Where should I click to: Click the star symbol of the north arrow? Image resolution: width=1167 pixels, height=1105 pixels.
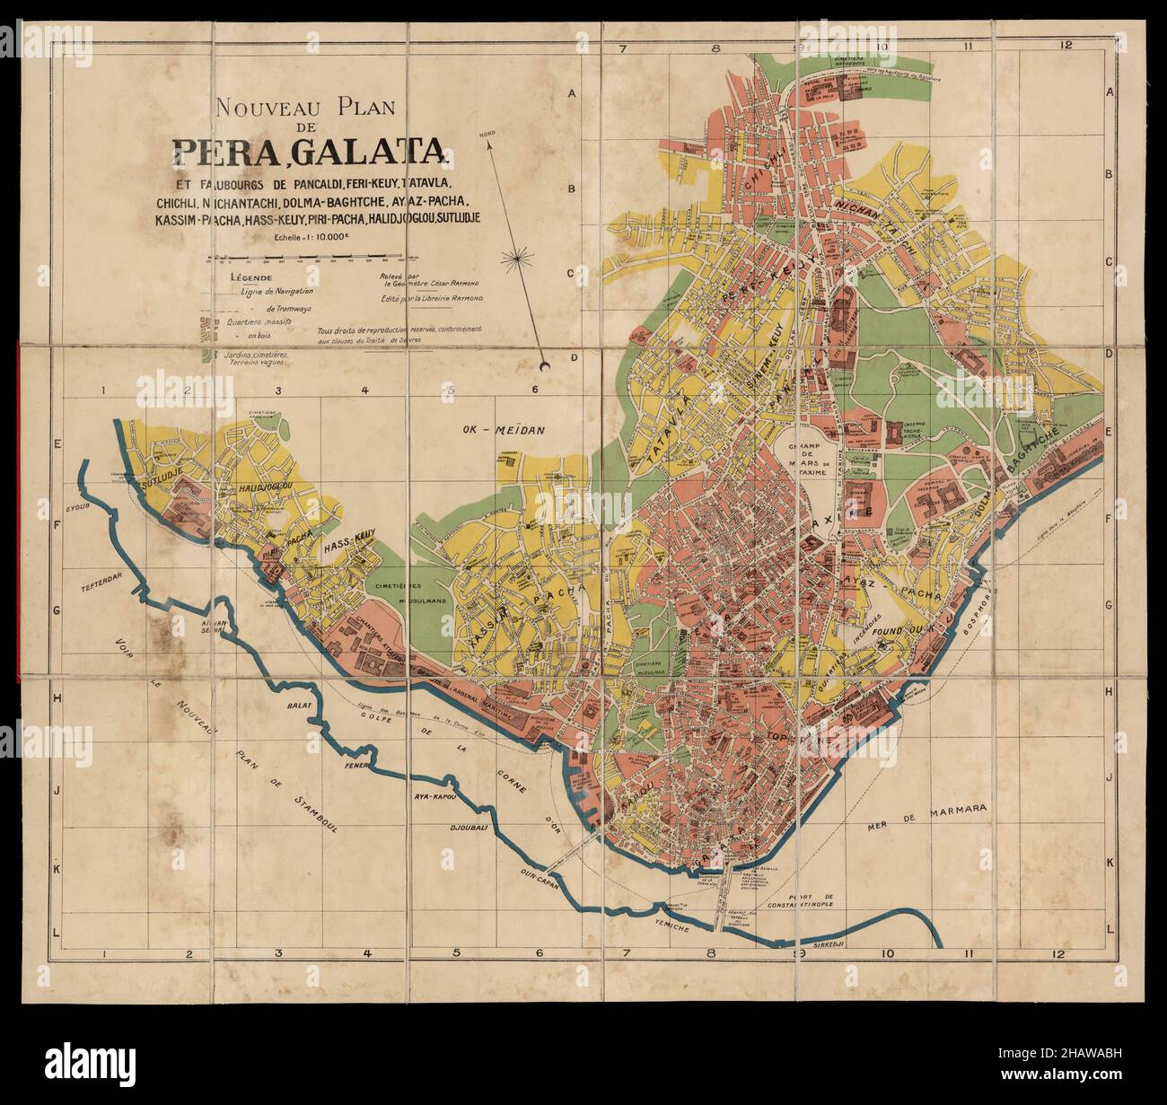click(516, 260)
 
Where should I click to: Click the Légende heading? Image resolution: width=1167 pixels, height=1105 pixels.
click(248, 277)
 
